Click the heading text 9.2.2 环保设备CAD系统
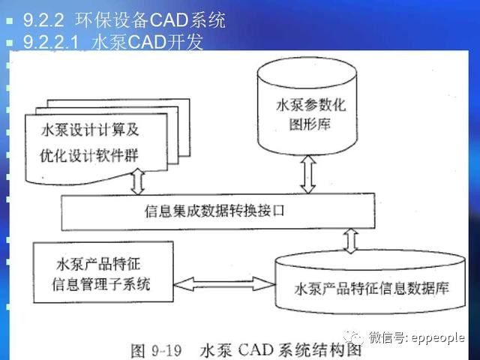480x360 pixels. point(124,19)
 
